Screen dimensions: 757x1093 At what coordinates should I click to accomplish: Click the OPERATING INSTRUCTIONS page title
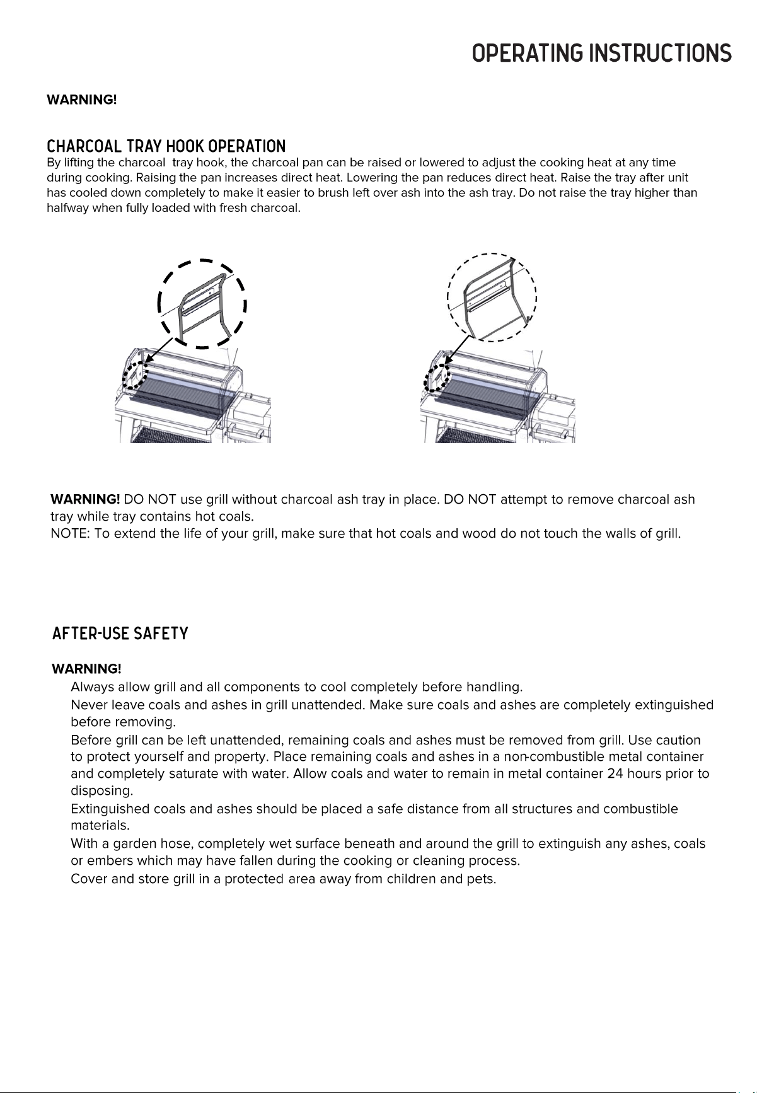(602, 53)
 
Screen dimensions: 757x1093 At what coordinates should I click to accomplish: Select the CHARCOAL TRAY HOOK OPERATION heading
(166, 147)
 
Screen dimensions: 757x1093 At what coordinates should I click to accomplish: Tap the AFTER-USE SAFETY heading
(120, 633)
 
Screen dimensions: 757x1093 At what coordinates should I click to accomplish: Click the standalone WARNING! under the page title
(82, 100)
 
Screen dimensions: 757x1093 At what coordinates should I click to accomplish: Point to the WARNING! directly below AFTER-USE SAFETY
(86, 668)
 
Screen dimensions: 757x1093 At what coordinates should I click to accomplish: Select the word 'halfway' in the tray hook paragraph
(68, 209)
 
